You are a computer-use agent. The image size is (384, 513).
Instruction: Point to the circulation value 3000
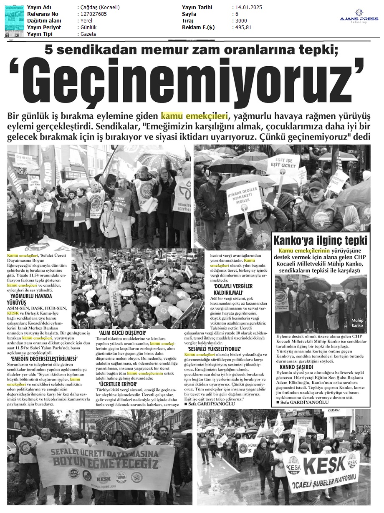241,21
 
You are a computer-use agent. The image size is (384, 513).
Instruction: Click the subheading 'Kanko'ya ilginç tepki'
320,241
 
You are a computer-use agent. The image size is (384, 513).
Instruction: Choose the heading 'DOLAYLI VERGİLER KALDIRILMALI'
233,290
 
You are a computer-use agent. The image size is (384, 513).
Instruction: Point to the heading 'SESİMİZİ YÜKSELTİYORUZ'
215,348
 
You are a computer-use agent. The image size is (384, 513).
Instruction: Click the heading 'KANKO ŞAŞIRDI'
296,367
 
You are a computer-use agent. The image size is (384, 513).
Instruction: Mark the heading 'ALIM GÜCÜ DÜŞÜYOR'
122,333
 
